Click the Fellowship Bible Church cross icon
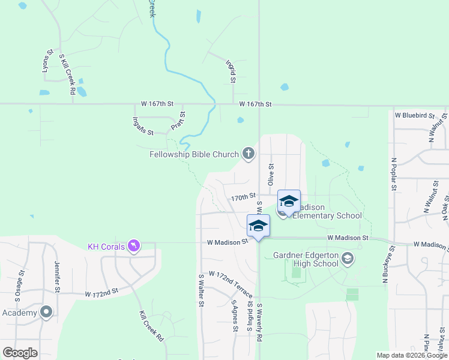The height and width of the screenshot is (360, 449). (248, 154)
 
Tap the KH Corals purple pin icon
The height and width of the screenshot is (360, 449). (134, 246)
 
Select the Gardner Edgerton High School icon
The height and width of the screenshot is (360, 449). (347, 259)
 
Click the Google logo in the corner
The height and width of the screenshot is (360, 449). (20, 353)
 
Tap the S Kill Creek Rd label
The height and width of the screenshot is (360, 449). (67, 75)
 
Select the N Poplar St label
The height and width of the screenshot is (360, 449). (394, 175)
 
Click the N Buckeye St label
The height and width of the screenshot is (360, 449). (385, 264)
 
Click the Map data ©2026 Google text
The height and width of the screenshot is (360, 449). (411, 355)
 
